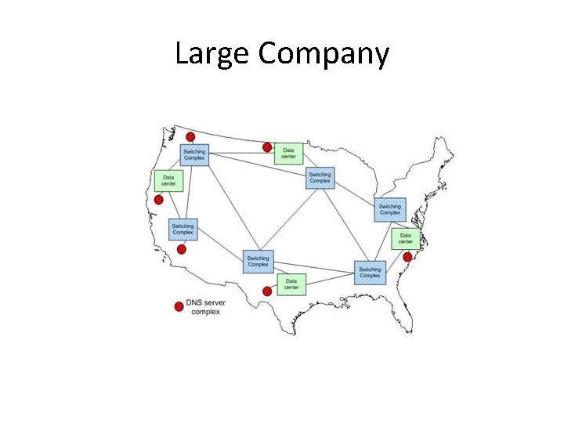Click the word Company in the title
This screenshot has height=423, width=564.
pyautogui.click(x=322, y=54)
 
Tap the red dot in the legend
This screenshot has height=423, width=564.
pyautogui.click(x=179, y=306)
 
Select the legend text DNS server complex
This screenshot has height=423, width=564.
pyautogui.click(x=206, y=307)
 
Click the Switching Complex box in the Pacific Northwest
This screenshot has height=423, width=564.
pyautogui.click(x=194, y=154)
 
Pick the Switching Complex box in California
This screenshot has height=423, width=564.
pyautogui.click(x=183, y=229)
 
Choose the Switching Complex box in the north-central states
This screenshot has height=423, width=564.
pyautogui.click(x=320, y=178)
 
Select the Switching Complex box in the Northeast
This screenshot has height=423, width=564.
pyautogui.click(x=389, y=209)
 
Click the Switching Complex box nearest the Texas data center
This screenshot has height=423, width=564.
pyautogui.click(x=258, y=261)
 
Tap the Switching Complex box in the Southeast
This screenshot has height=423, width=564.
pyautogui.click(x=370, y=273)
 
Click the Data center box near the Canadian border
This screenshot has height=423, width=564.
pyautogui.click(x=288, y=154)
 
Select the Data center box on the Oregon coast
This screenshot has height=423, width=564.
pyautogui.click(x=168, y=181)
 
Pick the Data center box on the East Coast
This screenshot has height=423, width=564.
pyautogui.click(x=405, y=239)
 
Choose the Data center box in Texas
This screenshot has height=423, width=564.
pyautogui.click(x=291, y=284)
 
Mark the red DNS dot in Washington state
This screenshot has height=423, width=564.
pyautogui.click(x=190, y=137)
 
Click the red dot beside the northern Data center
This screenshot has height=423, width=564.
pyautogui.click(x=267, y=147)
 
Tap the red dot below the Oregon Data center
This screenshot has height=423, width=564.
pyautogui.click(x=158, y=200)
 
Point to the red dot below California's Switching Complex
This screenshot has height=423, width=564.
pyautogui.click(x=182, y=250)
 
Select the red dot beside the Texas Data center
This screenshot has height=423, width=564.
pyautogui.click(x=267, y=291)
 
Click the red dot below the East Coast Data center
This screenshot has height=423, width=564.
pyautogui.click(x=407, y=257)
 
